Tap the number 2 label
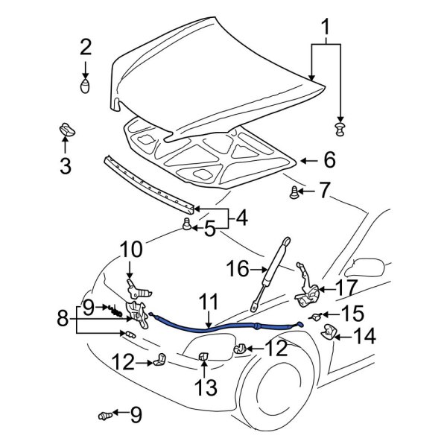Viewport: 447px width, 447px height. [x=86, y=48]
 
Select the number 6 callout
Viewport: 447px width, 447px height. [x=329, y=159]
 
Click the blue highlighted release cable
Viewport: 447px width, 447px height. [x=223, y=326]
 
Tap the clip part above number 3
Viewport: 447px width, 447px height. [x=65, y=130]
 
